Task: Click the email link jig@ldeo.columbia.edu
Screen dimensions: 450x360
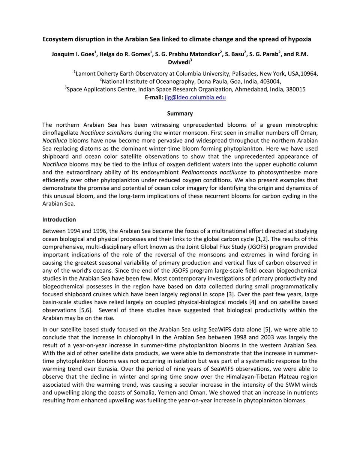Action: pos(195,97)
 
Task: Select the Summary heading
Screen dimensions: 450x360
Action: pos(180,113)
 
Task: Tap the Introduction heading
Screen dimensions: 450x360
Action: pos(59,219)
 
